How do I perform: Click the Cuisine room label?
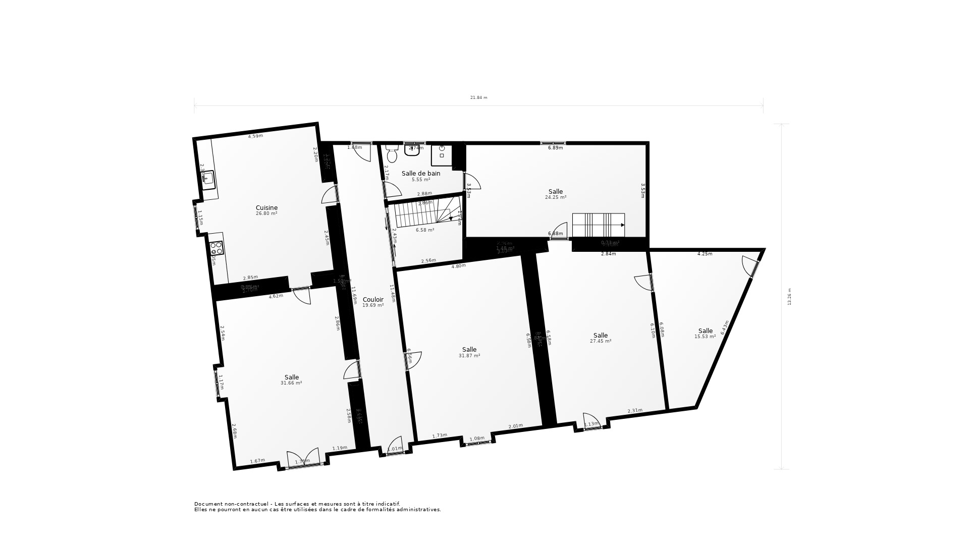coord(266,208)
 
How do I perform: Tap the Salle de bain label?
coord(420,174)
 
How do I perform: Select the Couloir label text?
coord(373,300)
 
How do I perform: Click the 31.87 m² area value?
coord(469,356)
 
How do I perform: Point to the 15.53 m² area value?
coord(705,337)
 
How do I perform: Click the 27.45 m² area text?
coord(600,341)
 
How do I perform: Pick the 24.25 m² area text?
coord(555,197)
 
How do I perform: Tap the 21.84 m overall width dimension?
coord(478,98)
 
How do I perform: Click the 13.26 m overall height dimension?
coord(789,297)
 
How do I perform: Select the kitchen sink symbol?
coord(208,179)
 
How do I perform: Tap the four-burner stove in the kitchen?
coord(217,248)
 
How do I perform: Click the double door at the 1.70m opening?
coord(303,459)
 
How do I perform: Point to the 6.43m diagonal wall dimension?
coord(725,327)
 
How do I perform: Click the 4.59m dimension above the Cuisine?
coord(255,136)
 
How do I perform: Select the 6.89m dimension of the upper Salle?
coord(555,148)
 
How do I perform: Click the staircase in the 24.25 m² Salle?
coord(598,225)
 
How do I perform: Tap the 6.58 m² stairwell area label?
coord(424,230)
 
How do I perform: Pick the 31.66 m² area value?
coord(291,383)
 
